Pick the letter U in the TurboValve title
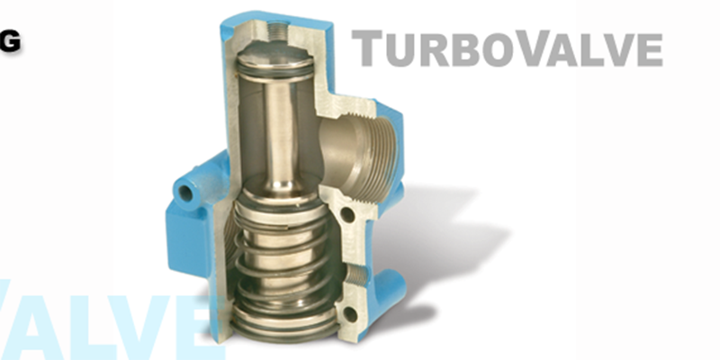pyautogui.click(x=396, y=50)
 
